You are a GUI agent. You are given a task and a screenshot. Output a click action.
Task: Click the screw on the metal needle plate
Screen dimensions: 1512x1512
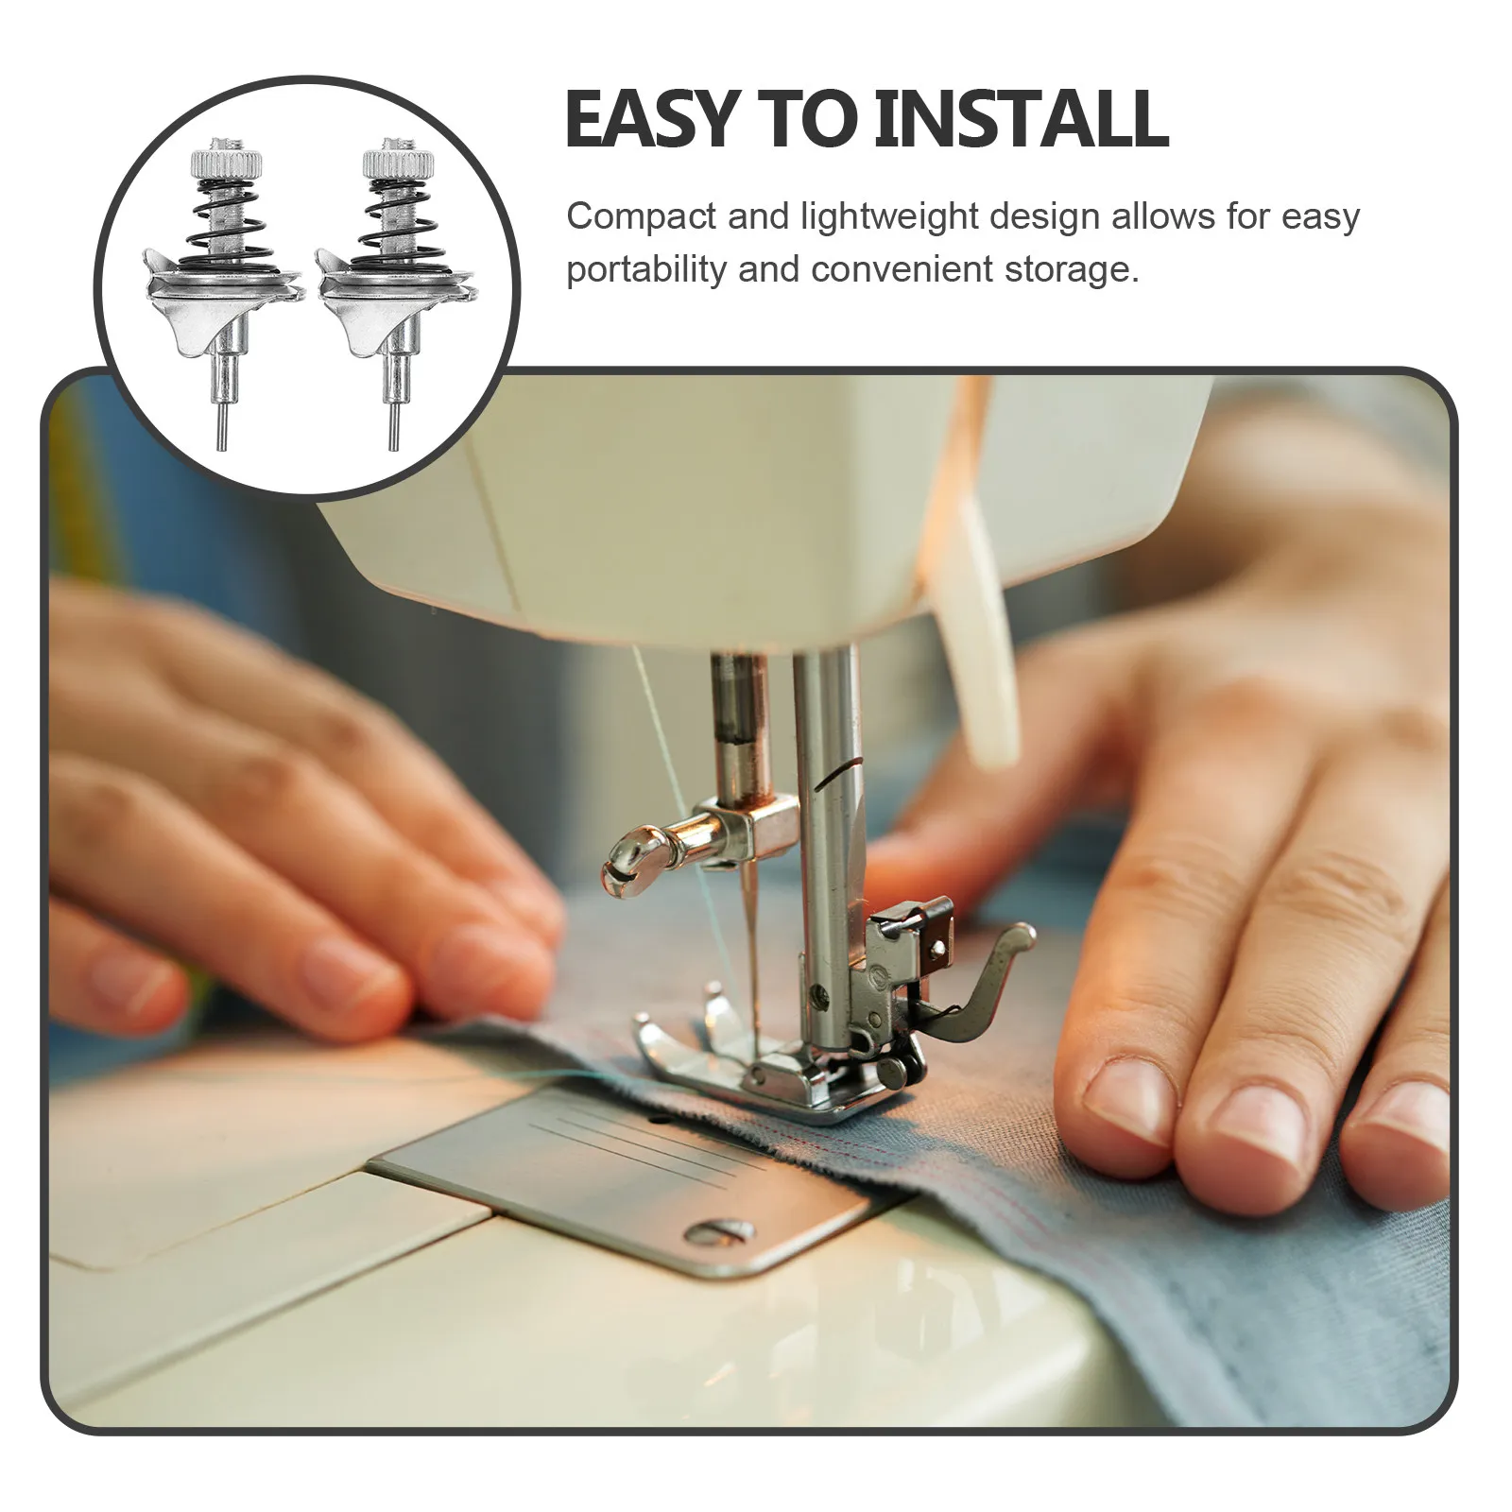(719, 1229)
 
